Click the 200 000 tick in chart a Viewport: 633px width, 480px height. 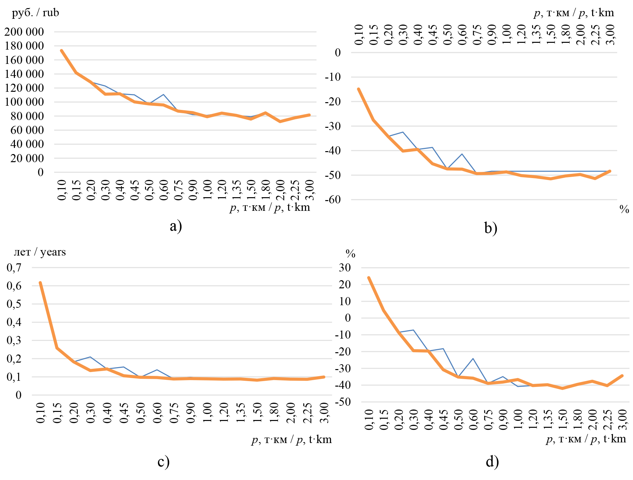[24, 32]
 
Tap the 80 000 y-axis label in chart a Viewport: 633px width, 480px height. [27, 116]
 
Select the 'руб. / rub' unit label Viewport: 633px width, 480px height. [35, 13]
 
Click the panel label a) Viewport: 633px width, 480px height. [176, 226]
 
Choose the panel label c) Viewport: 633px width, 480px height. [164, 461]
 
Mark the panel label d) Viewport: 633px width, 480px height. [492, 461]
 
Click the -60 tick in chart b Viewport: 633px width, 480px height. [333, 200]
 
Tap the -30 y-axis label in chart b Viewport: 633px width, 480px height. [333, 126]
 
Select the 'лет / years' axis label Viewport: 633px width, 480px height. [40, 252]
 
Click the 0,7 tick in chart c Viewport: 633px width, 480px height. [14, 268]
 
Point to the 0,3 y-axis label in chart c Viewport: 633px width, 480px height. [14, 341]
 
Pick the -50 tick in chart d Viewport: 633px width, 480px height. [343, 402]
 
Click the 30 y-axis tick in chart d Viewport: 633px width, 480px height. [345, 268]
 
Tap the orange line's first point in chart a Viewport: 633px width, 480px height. [61, 51]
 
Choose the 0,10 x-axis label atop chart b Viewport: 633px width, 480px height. [359, 35]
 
